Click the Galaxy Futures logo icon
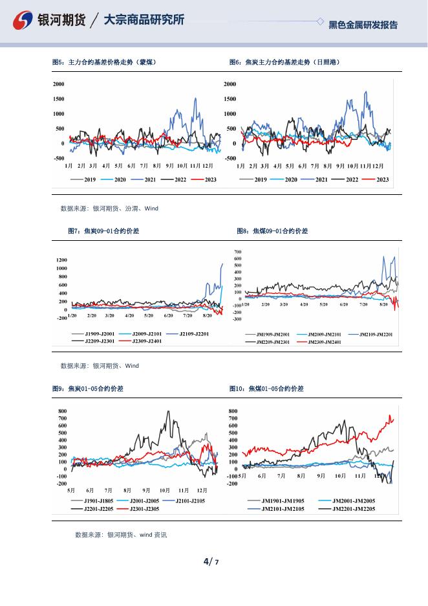coord(24,21)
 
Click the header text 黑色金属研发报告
coord(363,25)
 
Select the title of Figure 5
coord(103,62)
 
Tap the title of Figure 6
coord(284,62)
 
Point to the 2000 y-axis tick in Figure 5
coord(58,84)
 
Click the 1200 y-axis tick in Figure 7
coord(61,260)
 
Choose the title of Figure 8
coord(272,230)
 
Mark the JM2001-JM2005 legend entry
coord(353,500)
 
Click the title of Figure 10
coord(266,389)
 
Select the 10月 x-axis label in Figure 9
coord(165,490)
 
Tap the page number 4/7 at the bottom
coord(211,561)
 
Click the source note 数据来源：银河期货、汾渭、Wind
coord(109,208)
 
